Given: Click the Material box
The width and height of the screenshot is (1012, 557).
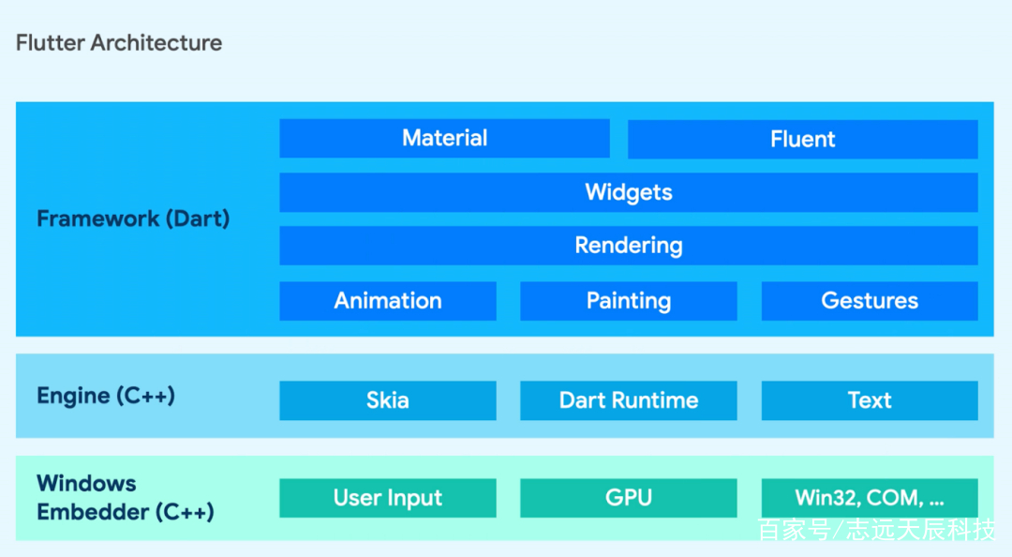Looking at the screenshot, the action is [x=445, y=138].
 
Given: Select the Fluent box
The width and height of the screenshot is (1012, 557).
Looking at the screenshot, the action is [x=803, y=139].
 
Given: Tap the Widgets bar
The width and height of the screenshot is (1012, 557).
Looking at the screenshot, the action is [x=629, y=192].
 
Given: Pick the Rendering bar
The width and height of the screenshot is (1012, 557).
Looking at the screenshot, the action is [x=629, y=246].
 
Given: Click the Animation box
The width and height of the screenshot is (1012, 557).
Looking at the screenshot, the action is [x=388, y=301].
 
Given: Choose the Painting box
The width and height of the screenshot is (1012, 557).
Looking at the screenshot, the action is [x=629, y=301].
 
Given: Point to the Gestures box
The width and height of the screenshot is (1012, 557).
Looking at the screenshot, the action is [x=870, y=301].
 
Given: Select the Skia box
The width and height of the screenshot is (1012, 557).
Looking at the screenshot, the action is [x=388, y=400].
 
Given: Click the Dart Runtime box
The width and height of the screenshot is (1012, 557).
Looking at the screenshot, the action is [x=629, y=400].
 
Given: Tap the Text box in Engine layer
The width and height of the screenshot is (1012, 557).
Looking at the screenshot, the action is [x=870, y=400].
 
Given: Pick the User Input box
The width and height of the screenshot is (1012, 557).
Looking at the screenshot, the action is [x=388, y=498].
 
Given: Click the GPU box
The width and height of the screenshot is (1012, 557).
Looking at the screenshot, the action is [x=629, y=498].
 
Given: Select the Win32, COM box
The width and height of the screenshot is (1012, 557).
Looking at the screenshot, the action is [x=870, y=498].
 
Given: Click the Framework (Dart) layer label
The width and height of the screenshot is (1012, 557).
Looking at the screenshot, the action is [x=133, y=219].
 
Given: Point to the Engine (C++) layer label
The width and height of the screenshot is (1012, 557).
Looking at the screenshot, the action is [x=106, y=396].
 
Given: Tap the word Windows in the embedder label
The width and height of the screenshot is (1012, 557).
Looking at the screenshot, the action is [x=86, y=483].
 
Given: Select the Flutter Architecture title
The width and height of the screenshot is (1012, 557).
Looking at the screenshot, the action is [x=119, y=42].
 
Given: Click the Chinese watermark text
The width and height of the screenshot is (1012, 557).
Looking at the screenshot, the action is [x=876, y=530].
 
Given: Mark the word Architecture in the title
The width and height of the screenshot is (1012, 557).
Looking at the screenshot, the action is [x=156, y=42].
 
